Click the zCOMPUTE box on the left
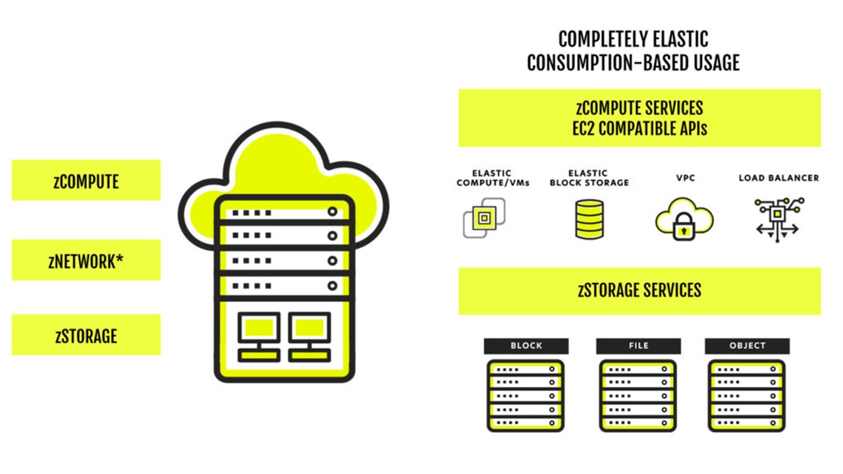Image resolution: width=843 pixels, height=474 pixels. [86, 180]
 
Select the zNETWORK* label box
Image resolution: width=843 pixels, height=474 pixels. [86, 261]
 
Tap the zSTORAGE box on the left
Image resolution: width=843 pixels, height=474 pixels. [86, 335]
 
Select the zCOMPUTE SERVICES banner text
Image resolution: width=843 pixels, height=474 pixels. [639, 107]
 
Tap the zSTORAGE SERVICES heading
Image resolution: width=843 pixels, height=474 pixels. [639, 290]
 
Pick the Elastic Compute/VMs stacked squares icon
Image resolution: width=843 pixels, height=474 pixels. [484, 217]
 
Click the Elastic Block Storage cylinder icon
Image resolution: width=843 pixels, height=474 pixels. [589, 219]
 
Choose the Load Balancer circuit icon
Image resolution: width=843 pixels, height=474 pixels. [777, 219]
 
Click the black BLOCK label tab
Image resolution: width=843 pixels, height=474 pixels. [526, 346]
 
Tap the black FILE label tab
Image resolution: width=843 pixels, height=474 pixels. [638, 346]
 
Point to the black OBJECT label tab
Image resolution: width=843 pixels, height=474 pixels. [747, 346]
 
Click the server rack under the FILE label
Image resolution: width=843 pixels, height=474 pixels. [638, 395]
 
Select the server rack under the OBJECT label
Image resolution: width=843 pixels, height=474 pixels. [747, 395]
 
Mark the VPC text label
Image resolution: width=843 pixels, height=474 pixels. [685, 178]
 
